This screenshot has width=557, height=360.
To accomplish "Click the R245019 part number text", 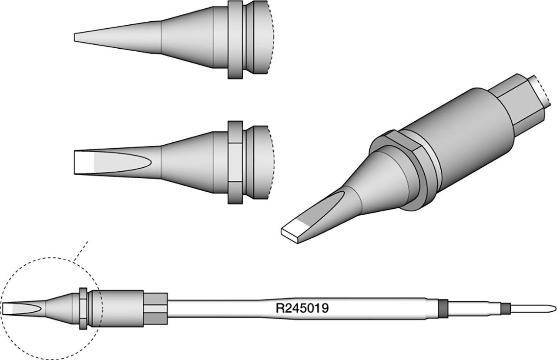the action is click(x=302, y=308).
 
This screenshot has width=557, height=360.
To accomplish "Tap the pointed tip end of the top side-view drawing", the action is click(x=74, y=37).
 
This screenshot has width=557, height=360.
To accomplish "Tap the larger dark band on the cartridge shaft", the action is click(x=443, y=309).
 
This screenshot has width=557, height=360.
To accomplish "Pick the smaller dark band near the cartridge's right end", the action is click(x=506, y=309).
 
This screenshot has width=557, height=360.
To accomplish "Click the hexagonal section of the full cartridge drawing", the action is click(x=156, y=309).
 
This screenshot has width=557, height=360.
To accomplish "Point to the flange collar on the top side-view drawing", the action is click(x=235, y=40).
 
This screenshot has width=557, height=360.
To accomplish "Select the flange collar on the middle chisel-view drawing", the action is click(x=235, y=163).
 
